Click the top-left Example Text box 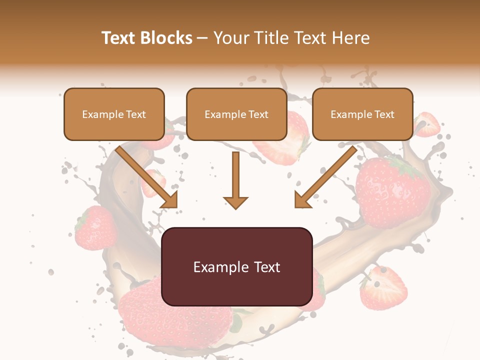[114, 114]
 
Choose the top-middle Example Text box [236, 114]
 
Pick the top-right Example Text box [362, 114]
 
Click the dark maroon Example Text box [236, 266]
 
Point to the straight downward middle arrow [235, 177]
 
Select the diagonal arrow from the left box [146, 176]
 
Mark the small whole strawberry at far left [95, 227]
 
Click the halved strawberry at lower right [383, 288]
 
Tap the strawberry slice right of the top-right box [426, 125]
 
